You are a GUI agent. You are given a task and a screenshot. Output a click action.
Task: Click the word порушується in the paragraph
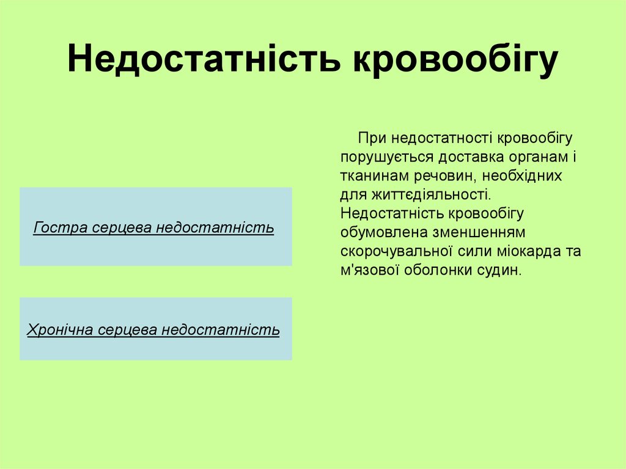(x=383, y=157)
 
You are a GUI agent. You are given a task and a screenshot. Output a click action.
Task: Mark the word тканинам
(x=372, y=176)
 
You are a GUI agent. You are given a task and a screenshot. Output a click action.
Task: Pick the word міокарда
(x=528, y=252)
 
